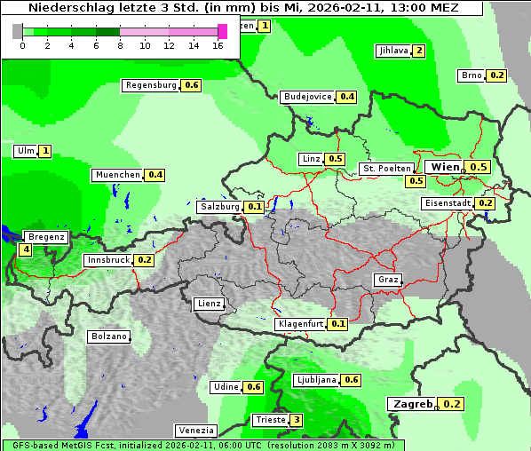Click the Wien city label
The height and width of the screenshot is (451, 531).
446,167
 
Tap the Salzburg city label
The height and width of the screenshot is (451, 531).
219,207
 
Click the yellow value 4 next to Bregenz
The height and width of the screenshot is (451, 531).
26,250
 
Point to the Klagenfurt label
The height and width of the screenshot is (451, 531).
300,324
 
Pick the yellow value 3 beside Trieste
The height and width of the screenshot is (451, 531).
297,420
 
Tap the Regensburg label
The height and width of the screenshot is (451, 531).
151,85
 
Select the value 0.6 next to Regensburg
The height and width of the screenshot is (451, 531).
191,85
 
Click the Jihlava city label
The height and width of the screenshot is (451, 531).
392,51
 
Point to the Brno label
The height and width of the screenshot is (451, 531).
471,75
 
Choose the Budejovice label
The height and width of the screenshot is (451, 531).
307,97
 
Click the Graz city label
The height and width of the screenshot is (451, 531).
388,280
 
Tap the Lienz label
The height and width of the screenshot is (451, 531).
209,304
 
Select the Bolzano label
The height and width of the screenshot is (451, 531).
108,336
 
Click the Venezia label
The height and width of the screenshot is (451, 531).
194,431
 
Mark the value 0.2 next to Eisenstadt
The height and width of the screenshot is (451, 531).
485,203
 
